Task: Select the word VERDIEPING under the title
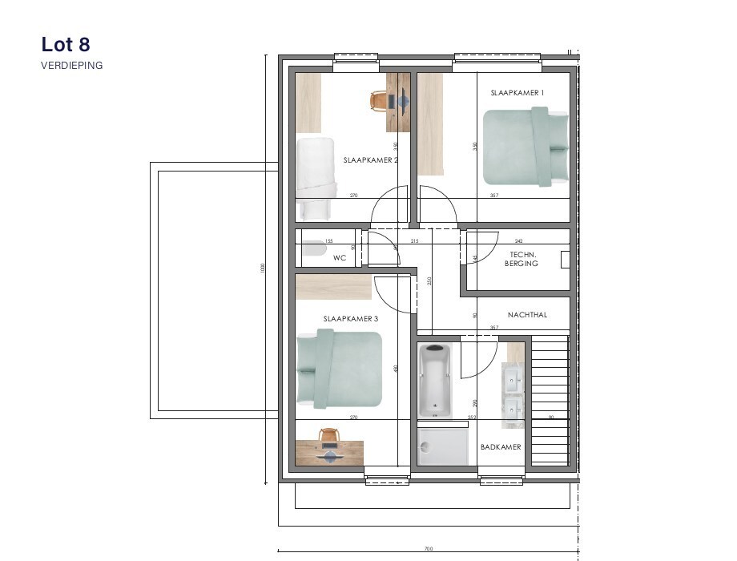pyautogui.click(x=72, y=66)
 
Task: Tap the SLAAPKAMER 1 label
pyautogui.click(x=517, y=93)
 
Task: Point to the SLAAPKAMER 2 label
pyautogui.click(x=370, y=160)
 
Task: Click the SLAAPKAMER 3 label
pyautogui.click(x=350, y=319)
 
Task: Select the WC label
pyautogui.click(x=339, y=259)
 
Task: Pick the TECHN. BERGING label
pyautogui.click(x=522, y=259)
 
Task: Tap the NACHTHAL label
pyautogui.click(x=527, y=315)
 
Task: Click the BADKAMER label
pyautogui.click(x=501, y=447)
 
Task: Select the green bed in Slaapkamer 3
pyautogui.click(x=339, y=368)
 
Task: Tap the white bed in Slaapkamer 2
pyautogui.click(x=315, y=178)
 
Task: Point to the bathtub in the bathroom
pyautogui.click(x=435, y=381)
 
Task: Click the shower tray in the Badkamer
pyautogui.click(x=445, y=445)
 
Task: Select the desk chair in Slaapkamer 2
pyautogui.click(x=381, y=100)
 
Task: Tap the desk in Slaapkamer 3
pyautogui.click(x=329, y=453)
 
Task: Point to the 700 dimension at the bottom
pyautogui.click(x=428, y=549)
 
